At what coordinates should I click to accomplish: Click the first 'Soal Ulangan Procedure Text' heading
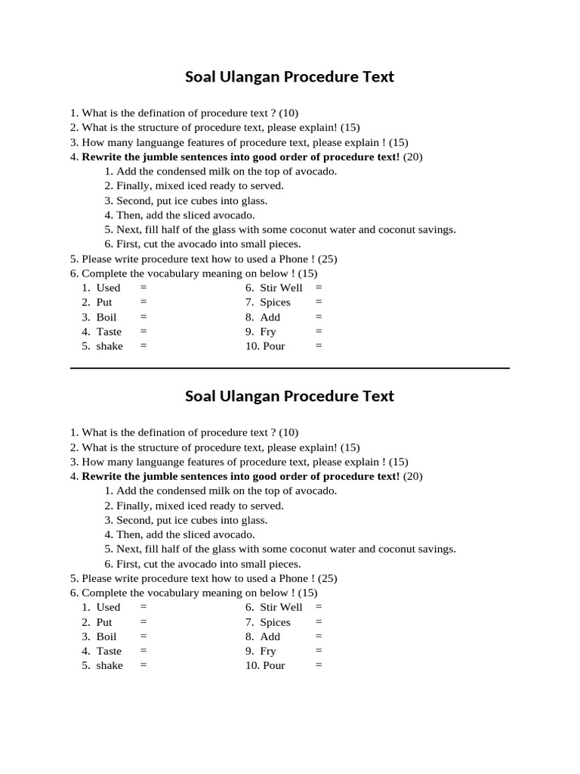pos(289,77)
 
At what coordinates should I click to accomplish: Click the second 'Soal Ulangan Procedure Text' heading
pos(289,397)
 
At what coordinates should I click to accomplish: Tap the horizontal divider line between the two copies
pos(289,368)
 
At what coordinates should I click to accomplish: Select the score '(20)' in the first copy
pos(413,157)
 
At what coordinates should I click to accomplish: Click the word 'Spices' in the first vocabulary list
pos(275,302)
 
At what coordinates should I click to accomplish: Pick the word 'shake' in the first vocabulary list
pos(110,346)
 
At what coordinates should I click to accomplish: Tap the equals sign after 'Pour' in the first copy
pos(319,346)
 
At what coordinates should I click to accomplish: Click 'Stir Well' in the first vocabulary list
pos(281,288)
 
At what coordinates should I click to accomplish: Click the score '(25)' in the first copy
pos(327,259)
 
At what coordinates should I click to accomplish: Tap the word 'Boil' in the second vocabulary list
pos(106,636)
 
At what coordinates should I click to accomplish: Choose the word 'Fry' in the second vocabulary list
pos(268,651)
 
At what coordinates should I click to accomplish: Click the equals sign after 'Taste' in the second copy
pos(143,651)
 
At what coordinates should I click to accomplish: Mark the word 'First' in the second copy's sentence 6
pos(128,564)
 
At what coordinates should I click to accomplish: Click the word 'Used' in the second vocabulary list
pos(108,607)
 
